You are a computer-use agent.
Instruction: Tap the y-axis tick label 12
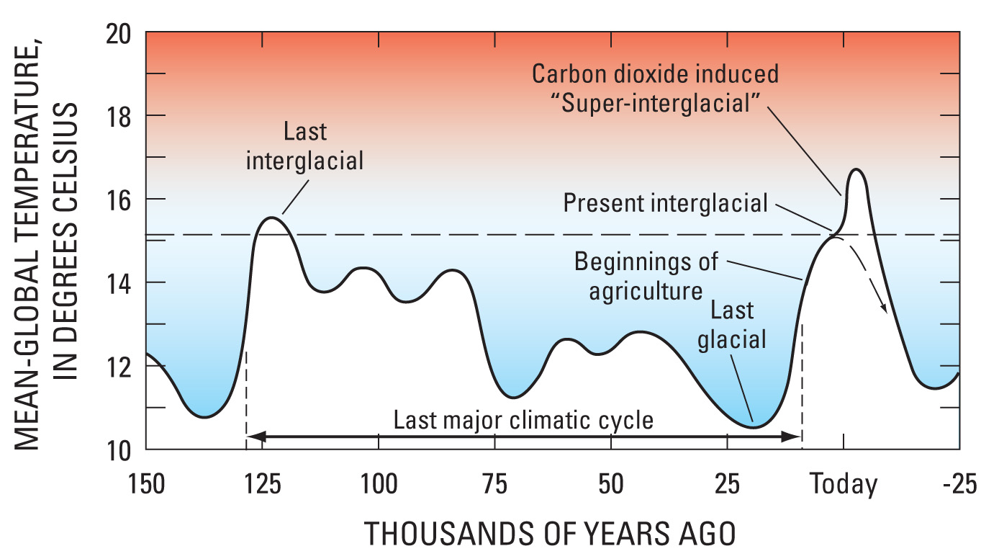119,367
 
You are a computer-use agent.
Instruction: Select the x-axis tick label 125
263,484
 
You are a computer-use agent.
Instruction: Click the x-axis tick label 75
495,484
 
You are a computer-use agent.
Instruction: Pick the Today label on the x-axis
844,485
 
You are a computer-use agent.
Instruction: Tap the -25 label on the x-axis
959,484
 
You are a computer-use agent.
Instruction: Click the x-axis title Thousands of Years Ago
550,534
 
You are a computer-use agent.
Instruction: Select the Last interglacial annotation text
305,146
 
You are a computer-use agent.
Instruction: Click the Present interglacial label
666,203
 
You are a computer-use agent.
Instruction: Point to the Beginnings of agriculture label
646,277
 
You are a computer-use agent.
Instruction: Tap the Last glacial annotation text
732,325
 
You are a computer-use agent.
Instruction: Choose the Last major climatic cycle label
523,420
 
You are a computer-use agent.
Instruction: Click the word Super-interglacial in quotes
656,104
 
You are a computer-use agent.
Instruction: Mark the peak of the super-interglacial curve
856,169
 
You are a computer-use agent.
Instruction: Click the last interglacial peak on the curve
271,218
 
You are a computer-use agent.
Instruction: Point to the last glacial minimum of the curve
754,427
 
